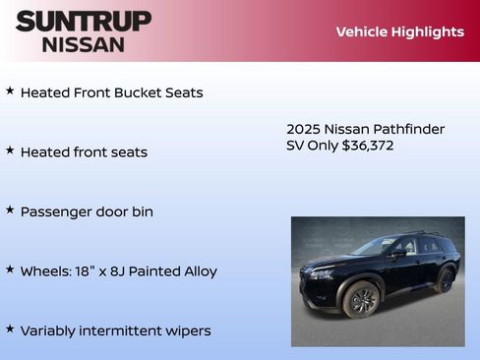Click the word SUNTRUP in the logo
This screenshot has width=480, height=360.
(84, 21)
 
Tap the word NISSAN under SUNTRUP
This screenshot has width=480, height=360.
(84, 43)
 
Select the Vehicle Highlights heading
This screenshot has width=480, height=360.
(399, 31)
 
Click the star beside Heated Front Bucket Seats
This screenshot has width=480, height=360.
(10, 90)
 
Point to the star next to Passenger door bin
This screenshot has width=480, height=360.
(10, 210)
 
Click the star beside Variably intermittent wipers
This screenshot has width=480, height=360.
(10, 329)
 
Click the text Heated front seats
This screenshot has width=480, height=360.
(84, 152)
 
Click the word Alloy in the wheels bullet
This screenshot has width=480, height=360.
(198, 271)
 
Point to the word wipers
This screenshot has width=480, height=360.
(186, 330)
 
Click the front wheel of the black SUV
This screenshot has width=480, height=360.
(362, 299)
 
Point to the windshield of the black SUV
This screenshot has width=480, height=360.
(379, 246)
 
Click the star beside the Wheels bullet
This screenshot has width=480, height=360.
(10, 269)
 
